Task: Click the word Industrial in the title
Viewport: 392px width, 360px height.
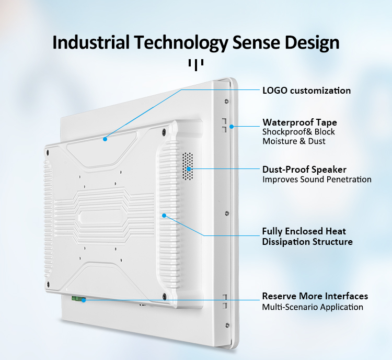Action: (91, 42)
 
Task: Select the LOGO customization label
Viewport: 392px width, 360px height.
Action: (306, 91)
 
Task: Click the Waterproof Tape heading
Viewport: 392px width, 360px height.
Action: (300, 122)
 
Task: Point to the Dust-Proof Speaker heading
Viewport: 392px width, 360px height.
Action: (304, 170)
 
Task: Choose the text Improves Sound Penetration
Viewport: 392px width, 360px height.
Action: (317, 179)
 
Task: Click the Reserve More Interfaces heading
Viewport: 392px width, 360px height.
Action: (315, 296)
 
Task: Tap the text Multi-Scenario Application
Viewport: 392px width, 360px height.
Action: (313, 307)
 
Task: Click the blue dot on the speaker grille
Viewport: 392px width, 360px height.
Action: (189, 169)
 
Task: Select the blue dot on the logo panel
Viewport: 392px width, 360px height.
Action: (105, 139)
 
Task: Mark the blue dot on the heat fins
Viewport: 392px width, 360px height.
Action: (164, 216)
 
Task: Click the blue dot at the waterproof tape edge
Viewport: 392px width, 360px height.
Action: (232, 127)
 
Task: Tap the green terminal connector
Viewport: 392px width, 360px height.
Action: (78, 298)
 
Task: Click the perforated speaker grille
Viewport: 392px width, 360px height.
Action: (188, 166)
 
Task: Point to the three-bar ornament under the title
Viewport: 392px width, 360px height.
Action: (196, 64)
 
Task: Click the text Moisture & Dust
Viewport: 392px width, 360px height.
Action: (294, 141)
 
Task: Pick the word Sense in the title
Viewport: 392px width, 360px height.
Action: (256, 42)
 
